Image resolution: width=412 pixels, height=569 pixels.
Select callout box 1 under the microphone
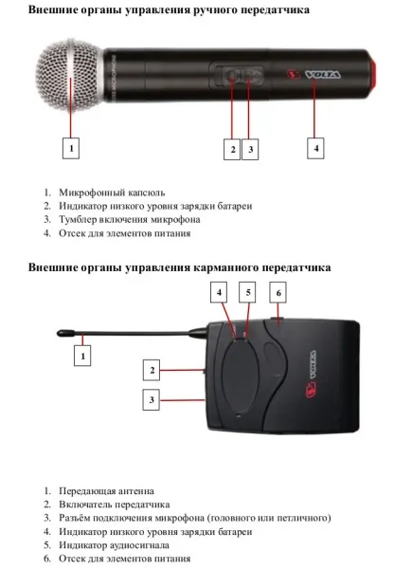tap(71, 148)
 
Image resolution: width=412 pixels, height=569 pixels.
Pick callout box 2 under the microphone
tap(232, 148)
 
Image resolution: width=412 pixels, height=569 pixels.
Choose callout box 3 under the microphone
tap(251, 148)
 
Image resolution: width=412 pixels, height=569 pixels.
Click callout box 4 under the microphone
tap(316, 148)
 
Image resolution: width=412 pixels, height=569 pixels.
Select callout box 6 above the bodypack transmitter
tap(278, 294)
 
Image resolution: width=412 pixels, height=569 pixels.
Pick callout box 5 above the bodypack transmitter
tap(248, 294)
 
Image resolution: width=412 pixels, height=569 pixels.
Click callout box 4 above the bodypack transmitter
tap(220, 294)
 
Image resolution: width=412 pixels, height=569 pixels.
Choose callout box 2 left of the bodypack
tap(152, 369)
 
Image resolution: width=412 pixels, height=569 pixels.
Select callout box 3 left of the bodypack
tap(152, 400)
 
